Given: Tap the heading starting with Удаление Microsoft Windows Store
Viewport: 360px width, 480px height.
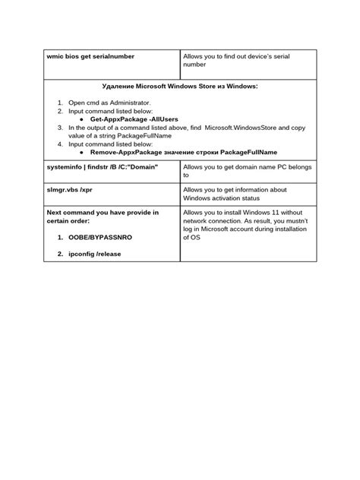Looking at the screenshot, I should (x=179, y=87).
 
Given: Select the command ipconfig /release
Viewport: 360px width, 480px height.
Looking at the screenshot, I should (x=95, y=254).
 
